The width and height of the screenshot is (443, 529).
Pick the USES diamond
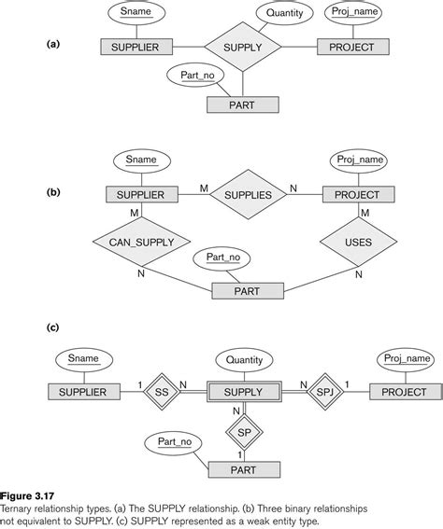(359, 243)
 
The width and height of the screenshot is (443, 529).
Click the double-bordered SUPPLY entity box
(242, 392)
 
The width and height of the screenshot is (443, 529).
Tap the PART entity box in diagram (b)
(248, 290)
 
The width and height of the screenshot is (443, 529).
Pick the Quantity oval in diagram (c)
(243, 359)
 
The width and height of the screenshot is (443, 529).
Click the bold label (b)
(52, 193)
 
